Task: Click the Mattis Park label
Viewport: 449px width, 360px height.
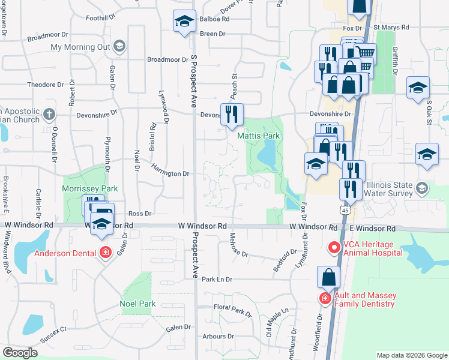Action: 258,136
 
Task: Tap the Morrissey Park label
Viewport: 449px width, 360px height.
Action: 90,188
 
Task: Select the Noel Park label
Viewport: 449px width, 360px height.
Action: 139,304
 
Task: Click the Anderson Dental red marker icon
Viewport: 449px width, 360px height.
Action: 106,253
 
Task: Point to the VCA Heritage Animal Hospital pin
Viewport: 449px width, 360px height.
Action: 334,247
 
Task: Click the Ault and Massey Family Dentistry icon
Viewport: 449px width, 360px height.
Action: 325,298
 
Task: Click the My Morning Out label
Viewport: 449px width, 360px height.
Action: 80,47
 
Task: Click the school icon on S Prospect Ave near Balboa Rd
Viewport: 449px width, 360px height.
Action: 184,22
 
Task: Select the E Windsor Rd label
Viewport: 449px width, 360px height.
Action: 373,229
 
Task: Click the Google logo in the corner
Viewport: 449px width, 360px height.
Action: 20,353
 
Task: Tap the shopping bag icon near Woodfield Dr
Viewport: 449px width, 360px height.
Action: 328,278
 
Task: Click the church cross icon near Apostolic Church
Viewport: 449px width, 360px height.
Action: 49,114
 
